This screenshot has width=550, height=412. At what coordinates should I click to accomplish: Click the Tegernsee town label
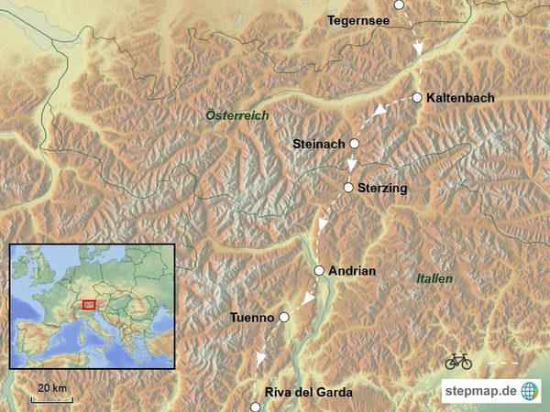358,19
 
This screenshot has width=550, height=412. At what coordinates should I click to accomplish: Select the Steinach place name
318,144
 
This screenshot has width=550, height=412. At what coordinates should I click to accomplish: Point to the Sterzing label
382,188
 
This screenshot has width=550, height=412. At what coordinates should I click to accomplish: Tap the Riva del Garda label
307,393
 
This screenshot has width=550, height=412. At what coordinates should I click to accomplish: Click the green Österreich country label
237,115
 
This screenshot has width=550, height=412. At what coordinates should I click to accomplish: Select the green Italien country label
434,277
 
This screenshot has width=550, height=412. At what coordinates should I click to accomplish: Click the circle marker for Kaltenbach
417,97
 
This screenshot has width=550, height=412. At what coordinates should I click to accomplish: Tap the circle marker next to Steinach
355,144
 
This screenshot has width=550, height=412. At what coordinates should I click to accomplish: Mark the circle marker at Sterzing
348,188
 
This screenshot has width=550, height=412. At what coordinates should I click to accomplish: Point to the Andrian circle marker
319,270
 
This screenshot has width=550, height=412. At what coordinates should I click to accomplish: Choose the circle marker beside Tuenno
284,317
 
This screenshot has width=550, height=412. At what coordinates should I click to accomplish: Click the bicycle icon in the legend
458,362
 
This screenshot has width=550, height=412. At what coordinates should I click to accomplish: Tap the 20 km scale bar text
51,388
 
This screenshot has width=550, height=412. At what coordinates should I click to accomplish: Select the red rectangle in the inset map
89,303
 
